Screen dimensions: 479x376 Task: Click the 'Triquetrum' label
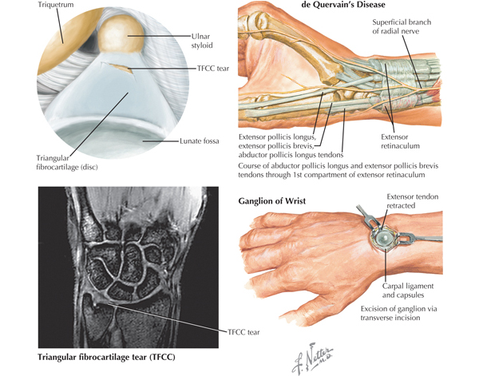tap(56, 5)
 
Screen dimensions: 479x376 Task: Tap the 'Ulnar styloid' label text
tap(202, 41)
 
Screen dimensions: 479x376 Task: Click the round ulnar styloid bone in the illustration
tap(121, 35)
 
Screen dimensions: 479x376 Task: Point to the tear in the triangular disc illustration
tap(120, 68)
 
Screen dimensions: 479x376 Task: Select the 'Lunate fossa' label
tap(199, 141)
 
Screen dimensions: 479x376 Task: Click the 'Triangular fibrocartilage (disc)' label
tap(67, 162)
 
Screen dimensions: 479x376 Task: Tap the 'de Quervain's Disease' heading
tap(343, 5)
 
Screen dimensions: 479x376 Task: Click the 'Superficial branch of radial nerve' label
tap(402, 26)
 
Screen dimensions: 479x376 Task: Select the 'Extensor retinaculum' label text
tap(400, 141)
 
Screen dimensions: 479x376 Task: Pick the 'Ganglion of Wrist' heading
tap(272, 201)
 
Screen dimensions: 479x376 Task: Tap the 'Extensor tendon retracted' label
tap(413, 201)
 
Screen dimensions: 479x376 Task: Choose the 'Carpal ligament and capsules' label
tap(408, 291)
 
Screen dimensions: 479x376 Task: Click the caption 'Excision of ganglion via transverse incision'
tap(398, 313)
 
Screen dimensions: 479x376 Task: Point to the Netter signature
tap(312, 358)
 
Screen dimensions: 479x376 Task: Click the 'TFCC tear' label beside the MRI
tap(243, 332)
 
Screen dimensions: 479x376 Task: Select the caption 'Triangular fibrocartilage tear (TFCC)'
tap(106, 357)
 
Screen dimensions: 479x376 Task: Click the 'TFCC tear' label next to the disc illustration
tap(213, 69)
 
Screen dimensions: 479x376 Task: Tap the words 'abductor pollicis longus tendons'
tap(291, 155)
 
